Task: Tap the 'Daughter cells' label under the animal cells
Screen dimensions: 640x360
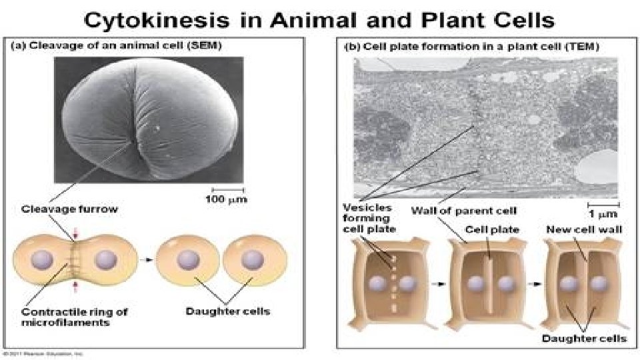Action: (227, 311)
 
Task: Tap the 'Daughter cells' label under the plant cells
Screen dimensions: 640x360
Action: (584, 338)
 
